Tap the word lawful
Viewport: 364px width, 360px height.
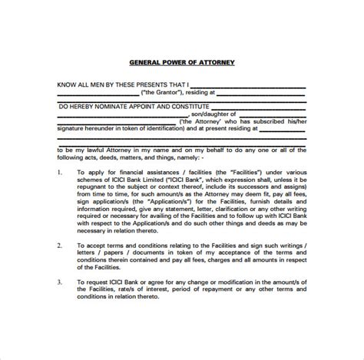pos(100,150)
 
